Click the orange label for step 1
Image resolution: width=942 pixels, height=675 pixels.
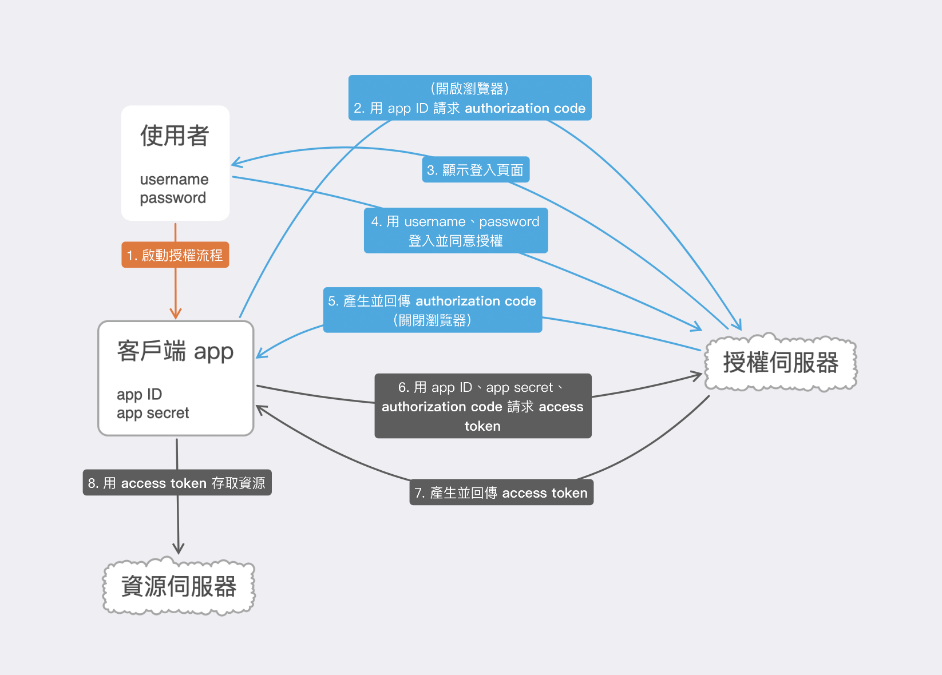(175, 255)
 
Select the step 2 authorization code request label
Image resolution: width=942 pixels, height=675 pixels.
(469, 98)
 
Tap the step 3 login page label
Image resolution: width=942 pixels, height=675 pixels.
(475, 170)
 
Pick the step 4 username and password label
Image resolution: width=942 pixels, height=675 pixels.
(456, 231)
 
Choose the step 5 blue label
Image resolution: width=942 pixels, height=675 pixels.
(432, 310)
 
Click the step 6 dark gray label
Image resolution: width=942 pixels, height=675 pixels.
(482, 406)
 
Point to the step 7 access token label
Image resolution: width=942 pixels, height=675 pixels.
(501, 493)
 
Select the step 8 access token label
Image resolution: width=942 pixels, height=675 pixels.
(177, 483)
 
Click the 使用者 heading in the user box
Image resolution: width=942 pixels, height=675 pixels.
(175, 136)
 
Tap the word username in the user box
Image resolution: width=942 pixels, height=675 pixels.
(174, 180)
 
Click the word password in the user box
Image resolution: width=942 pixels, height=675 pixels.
(173, 198)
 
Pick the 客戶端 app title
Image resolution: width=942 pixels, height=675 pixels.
(175, 351)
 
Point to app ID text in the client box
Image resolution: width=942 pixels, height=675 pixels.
(139, 394)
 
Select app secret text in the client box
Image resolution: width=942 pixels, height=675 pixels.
(153, 413)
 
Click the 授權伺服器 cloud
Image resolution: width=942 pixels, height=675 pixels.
(781, 363)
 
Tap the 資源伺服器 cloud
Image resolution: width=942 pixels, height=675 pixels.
(179, 586)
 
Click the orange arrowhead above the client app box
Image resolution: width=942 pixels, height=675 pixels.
(176, 314)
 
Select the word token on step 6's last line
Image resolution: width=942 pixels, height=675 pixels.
(482, 426)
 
